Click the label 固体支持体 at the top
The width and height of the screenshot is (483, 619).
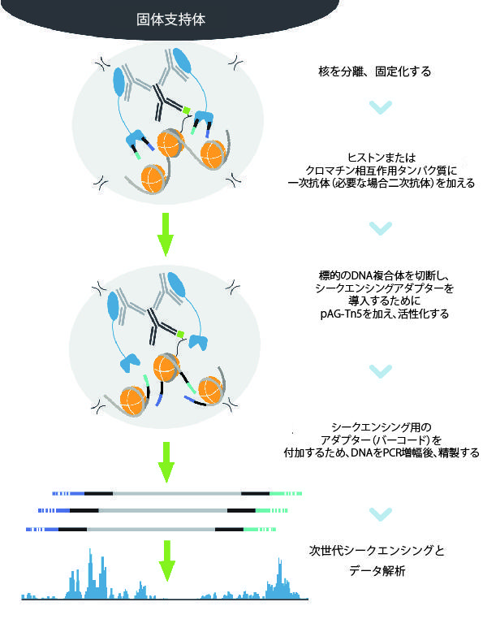coord(170,19)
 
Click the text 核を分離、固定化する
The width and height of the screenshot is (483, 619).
coord(374,71)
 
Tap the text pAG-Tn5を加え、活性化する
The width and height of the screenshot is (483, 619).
coord(384,314)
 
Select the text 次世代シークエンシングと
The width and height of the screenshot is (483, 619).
coord(377,550)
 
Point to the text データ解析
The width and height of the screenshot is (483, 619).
coord(377,571)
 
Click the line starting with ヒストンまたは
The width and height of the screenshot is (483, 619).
coord(382,158)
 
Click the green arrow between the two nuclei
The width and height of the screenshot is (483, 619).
coord(166,235)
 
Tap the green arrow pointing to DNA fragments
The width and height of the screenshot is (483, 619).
coord(166,462)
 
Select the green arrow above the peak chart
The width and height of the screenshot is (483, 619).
coord(167,561)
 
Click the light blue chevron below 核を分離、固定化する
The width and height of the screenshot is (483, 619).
coord(381,107)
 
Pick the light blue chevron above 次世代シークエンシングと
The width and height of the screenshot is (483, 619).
coord(381,514)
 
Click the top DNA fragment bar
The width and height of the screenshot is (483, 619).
coord(177,493)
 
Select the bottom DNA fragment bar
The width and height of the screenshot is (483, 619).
coord(151,529)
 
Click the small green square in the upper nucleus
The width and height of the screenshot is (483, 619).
coord(186,110)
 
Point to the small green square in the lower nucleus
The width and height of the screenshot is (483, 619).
coord(180,335)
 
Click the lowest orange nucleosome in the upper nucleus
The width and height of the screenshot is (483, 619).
coord(153,180)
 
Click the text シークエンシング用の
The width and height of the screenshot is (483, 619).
coord(382,427)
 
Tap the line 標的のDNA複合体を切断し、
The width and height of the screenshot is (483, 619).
coord(384,275)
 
